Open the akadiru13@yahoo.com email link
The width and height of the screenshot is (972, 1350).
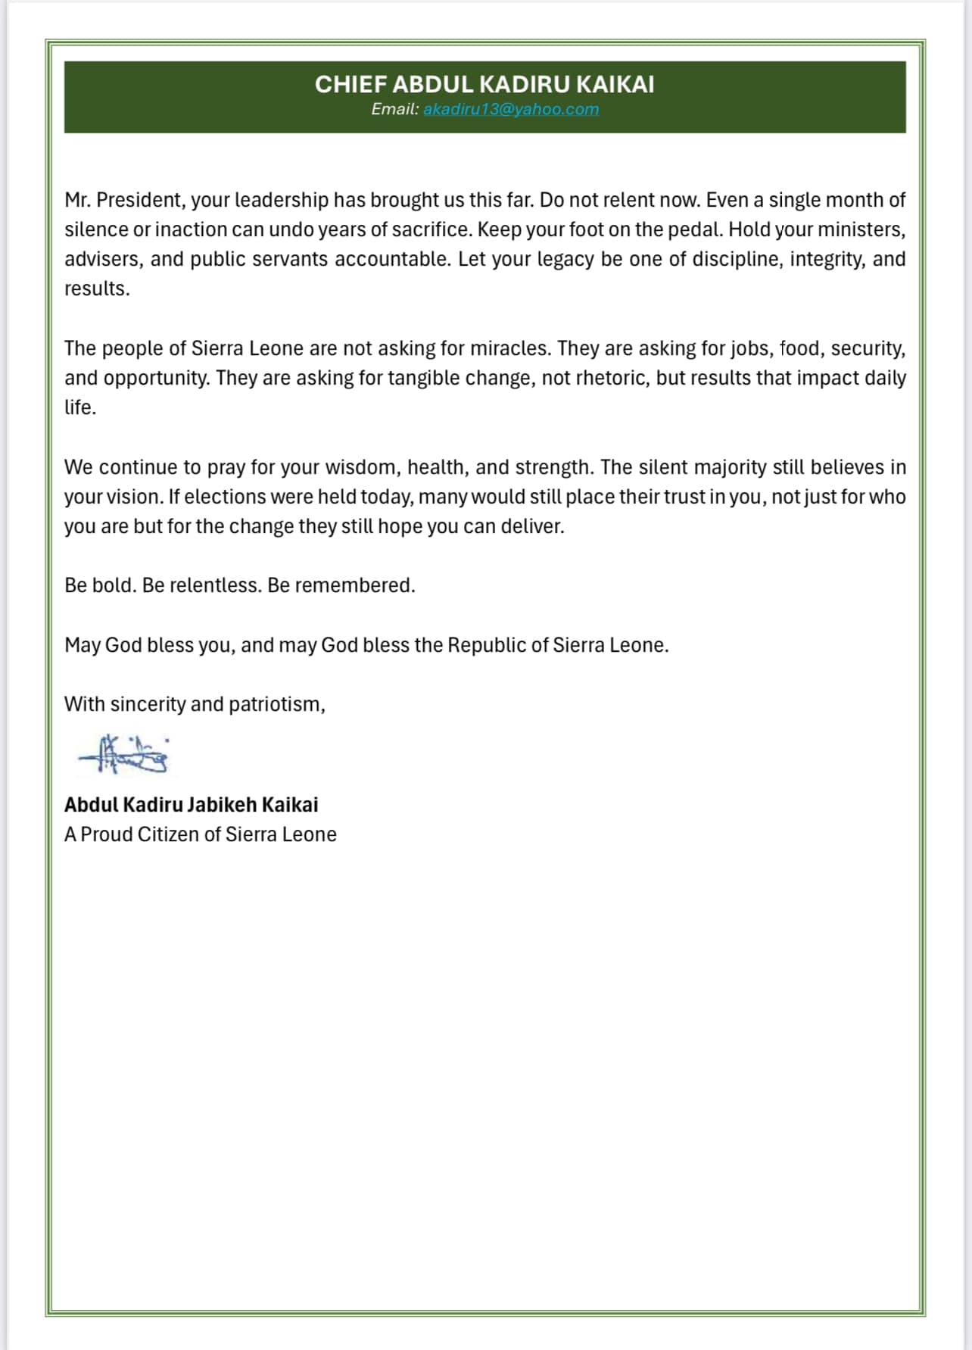pyautogui.click(x=511, y=109)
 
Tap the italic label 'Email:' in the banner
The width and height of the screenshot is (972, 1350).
pyautogui.click(x=394, y=109)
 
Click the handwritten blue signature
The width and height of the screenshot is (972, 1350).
pyautogui.click(x=125, y=754)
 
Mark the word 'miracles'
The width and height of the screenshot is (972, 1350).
pyautogui.click(x=510, y=348)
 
